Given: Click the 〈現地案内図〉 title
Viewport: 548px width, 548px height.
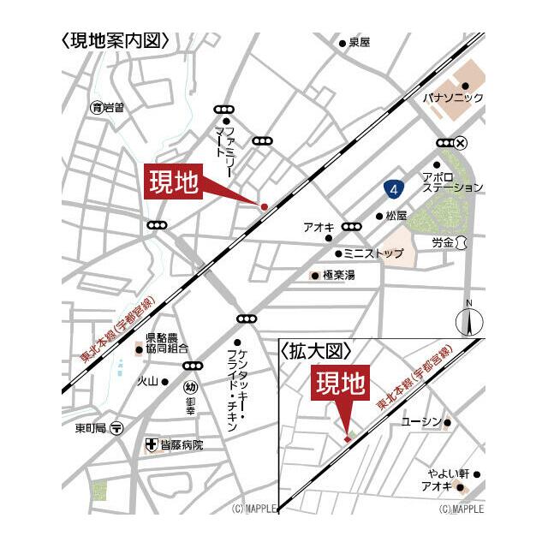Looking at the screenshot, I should click(x=115, y=40).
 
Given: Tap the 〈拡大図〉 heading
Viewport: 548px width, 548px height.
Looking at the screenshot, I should click(x=317, y=351).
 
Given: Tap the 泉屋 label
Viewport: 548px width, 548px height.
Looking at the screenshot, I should click(x=359, y=43).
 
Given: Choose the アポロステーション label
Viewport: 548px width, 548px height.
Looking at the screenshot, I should click(x=452, y=181).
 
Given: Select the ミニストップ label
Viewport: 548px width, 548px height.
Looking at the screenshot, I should click(x=373, y=253).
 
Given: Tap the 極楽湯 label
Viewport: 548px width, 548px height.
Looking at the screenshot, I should click(x=338, y=276).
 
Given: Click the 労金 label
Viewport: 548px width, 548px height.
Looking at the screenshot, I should click(x=442, y=243).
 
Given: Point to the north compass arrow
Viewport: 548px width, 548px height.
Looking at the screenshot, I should click(x=469, y=322).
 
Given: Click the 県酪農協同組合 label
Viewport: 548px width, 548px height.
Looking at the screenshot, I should click(x=166, y=342).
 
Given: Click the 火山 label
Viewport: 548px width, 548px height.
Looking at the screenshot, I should click(x=147, y=382).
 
